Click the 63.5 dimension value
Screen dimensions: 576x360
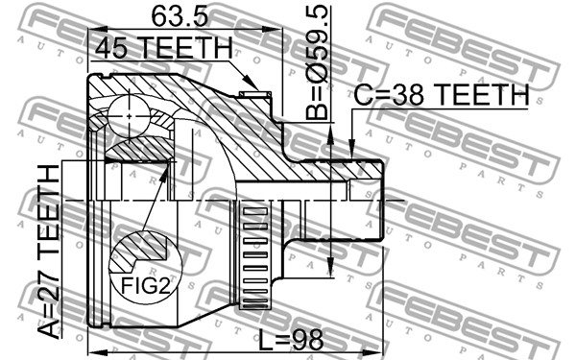click(x=180, y=17)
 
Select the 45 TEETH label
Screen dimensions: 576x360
click(x=164, y=48)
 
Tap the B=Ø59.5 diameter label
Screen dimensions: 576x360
click(x=317, y=62)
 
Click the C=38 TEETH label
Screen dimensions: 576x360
click(x=442, y=94)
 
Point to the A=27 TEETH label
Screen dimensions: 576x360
click(x=49, y=252)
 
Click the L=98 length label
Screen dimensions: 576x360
click(x=291, y=340)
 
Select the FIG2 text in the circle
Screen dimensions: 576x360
click(x=146, y=285)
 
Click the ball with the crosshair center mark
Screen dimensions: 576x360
click(x=130, y=116)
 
